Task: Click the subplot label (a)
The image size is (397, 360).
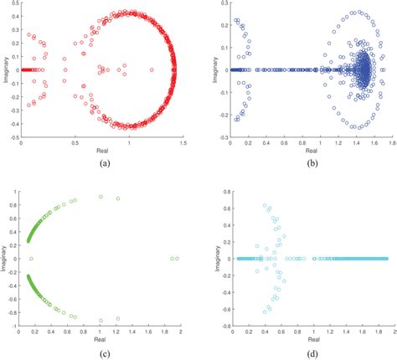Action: point(104,163)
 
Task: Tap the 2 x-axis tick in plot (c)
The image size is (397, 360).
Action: point(181,332)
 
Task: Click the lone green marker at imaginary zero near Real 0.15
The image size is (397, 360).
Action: point(30,259)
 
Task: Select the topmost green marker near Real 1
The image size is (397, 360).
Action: point(101,197)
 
